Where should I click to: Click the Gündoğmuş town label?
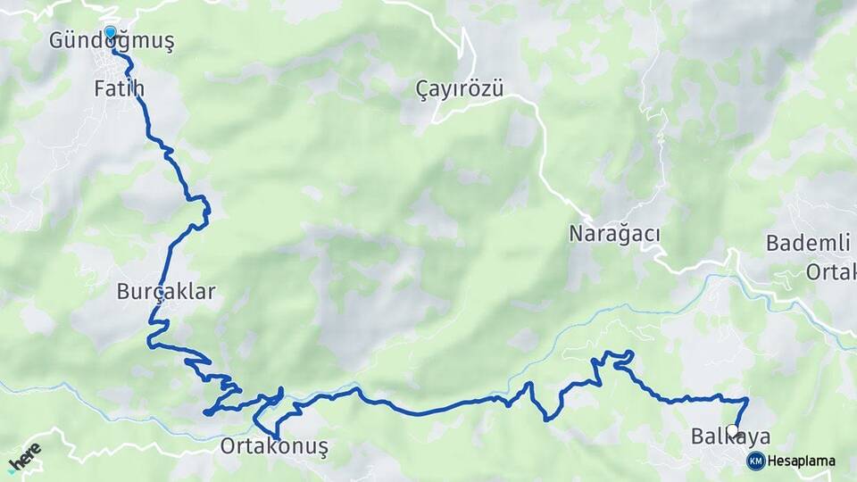coord(112,41)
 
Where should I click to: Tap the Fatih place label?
coord(119,88)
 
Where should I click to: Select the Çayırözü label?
coord(460,89)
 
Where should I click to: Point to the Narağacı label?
coord(614,234)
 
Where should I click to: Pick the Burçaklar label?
coord(166,291)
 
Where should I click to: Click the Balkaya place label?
coord(730,436)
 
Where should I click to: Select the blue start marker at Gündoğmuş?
coord(110,33)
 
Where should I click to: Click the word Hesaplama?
coord(802,461)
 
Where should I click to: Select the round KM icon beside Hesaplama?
coord(756,461)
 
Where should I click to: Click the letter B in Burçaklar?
coord(123,291)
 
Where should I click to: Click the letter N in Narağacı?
coord(575,234)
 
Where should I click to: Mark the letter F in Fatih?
coord(99,88)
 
